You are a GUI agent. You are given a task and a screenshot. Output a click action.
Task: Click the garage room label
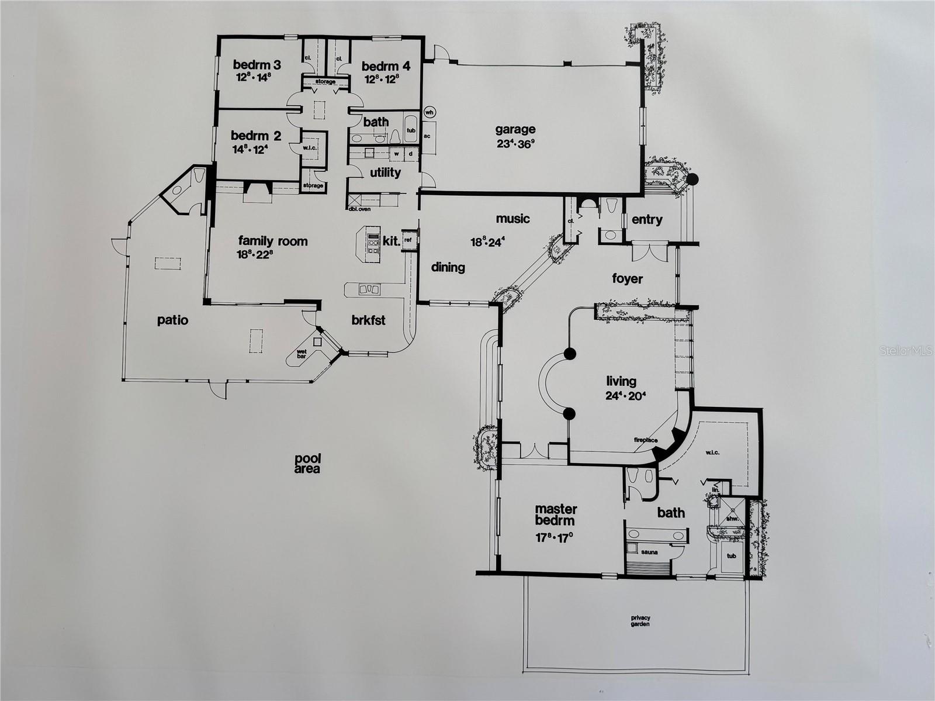(515, 130)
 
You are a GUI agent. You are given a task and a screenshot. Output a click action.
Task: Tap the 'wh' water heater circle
(430, 112)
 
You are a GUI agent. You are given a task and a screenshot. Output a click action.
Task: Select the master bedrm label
(556, 514)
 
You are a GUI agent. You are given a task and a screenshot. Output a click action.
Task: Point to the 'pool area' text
(307, 464)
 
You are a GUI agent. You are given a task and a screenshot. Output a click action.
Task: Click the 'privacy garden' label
(640, 621)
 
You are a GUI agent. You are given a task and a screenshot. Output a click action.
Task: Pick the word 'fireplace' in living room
(646, 440)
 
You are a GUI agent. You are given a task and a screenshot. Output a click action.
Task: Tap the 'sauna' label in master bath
(649, 552)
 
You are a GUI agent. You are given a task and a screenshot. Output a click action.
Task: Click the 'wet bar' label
(302, 354)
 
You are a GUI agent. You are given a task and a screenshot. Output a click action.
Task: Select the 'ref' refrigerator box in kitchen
(408, 240)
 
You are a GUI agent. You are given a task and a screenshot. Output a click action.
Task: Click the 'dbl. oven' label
(359, 209)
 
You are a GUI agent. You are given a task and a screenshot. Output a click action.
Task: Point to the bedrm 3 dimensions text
(254, 78)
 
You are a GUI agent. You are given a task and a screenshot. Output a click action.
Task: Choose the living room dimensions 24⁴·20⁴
(626, 395)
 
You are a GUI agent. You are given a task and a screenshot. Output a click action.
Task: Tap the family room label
(273, 241)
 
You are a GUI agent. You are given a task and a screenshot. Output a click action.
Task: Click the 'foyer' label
(628, 279)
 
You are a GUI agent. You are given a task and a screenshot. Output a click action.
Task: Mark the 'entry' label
(647, 220)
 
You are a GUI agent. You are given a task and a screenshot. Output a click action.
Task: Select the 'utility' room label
(385, 172)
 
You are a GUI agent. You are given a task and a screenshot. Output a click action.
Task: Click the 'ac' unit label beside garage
(427, 136)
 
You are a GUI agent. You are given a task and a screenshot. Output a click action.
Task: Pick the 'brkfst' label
(369, 320)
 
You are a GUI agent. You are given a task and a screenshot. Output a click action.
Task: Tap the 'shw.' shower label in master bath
(732, 519)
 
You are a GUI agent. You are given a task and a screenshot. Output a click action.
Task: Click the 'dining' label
(448, 268)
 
